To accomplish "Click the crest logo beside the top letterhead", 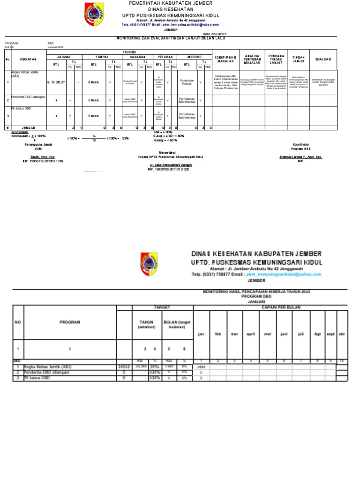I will (92, 15).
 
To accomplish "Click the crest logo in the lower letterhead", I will (149, 264).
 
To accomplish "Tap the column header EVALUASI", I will (323, 59).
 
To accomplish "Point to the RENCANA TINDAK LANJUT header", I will (277, 59).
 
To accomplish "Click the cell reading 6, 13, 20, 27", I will (56, 82).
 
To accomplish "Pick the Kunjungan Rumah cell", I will (187, 82).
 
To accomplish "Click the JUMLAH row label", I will (29, 127).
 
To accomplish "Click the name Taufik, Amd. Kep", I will (42, 157).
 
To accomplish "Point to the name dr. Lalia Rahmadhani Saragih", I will (171, 165).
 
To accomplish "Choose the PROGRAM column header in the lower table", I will (70, 322).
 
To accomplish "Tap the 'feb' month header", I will (217, 334).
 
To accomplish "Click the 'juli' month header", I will (301, 334).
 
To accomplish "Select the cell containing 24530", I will (124, 367).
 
